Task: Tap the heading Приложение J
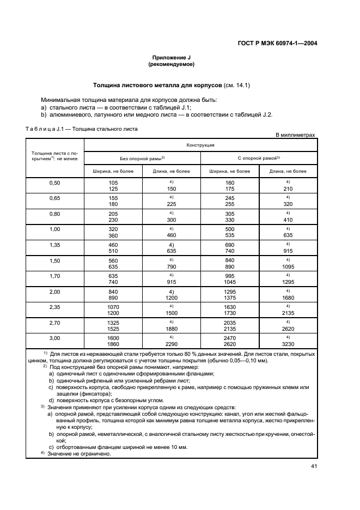171,57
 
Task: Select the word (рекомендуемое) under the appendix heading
171,64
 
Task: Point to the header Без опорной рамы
142,158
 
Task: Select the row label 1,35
54,246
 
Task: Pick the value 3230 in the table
288,345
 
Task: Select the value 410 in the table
288,220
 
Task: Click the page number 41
314,466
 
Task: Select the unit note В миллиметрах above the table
295,134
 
